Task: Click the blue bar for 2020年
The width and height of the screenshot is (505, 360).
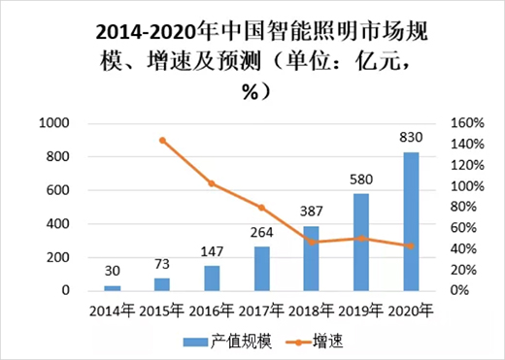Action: tap(411, 221)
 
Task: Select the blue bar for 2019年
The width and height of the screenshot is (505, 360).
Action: tap(361, 242)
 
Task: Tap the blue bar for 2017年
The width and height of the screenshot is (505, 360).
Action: tap(261, 268)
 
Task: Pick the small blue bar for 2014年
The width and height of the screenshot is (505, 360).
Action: tap(113, 287)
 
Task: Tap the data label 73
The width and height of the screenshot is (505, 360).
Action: tap(162, 264)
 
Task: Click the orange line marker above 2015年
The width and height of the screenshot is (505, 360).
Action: tap(162, 140)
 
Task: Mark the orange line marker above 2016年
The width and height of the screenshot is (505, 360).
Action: tap(212, 183)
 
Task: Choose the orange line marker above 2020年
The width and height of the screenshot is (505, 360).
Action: tap(411, 245)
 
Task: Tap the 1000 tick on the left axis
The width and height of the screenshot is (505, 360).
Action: tap(54, 123)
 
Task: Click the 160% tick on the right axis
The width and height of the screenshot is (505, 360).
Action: tap(468, 123)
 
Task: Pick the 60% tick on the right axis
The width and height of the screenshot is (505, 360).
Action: tap(464, 228)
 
